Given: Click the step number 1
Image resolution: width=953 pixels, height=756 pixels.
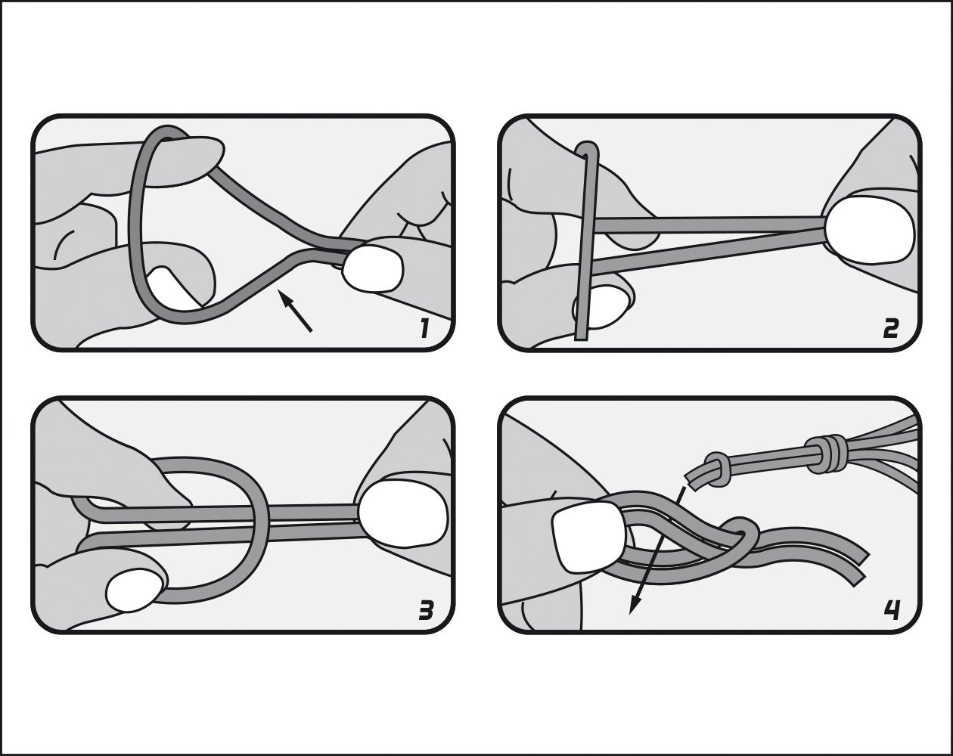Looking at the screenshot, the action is pos(424,328).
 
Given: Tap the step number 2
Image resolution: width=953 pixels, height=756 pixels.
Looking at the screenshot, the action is pos(890,328).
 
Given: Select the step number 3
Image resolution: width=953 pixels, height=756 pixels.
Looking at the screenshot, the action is pos(426,609).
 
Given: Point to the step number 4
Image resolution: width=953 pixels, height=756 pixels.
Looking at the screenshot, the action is pos(892,609).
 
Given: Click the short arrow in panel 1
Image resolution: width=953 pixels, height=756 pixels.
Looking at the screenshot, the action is pos(295,310).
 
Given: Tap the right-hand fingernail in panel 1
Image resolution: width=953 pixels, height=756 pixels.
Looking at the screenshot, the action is pos(373,269).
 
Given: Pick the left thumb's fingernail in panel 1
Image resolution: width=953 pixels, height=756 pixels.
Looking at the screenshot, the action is pos(172,289).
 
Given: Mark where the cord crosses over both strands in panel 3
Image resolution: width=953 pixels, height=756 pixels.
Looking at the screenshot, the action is pos(260,522).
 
